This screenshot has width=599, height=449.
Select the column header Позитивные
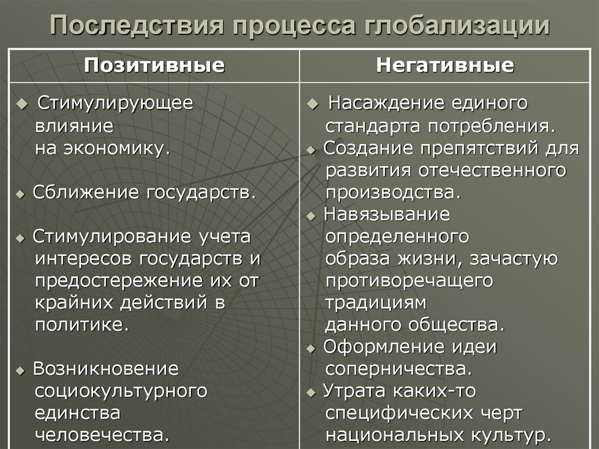point(154,65)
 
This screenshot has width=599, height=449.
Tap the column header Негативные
point(445,65)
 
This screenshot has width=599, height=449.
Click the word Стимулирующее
point(115,103)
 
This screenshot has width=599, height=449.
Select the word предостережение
point(120,281)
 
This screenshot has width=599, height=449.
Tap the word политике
point(82,325)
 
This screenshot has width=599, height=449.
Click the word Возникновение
point(105,369)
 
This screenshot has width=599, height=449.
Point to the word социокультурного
point(121,390)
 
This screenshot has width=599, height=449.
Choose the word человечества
point(102,436)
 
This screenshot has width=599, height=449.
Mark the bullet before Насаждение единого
point(313,104)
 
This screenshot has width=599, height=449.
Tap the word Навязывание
point(387,214)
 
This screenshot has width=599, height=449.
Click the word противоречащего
point(409,281)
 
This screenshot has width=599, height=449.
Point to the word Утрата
point(355,390)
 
